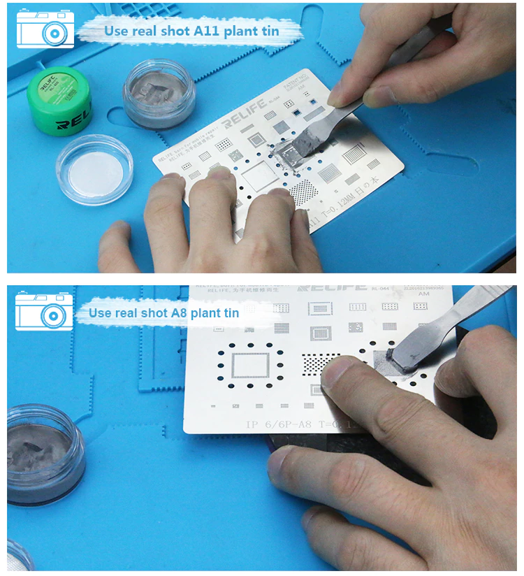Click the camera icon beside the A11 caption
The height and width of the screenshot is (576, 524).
coord(45,29)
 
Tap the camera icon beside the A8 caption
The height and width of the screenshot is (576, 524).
coord(44,310)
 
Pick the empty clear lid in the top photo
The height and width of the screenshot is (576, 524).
coord(94,168)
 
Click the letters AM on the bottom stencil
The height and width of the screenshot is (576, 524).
coord(423,294)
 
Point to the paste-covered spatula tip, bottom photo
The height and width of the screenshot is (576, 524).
coord(404,355)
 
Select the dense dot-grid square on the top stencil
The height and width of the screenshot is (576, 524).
coord(303,190)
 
